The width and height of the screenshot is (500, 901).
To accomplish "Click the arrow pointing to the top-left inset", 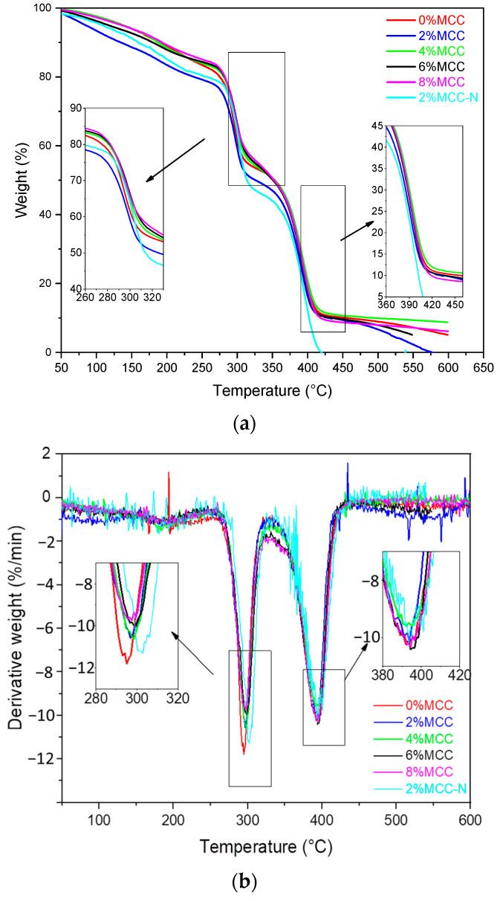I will click(175, 159).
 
